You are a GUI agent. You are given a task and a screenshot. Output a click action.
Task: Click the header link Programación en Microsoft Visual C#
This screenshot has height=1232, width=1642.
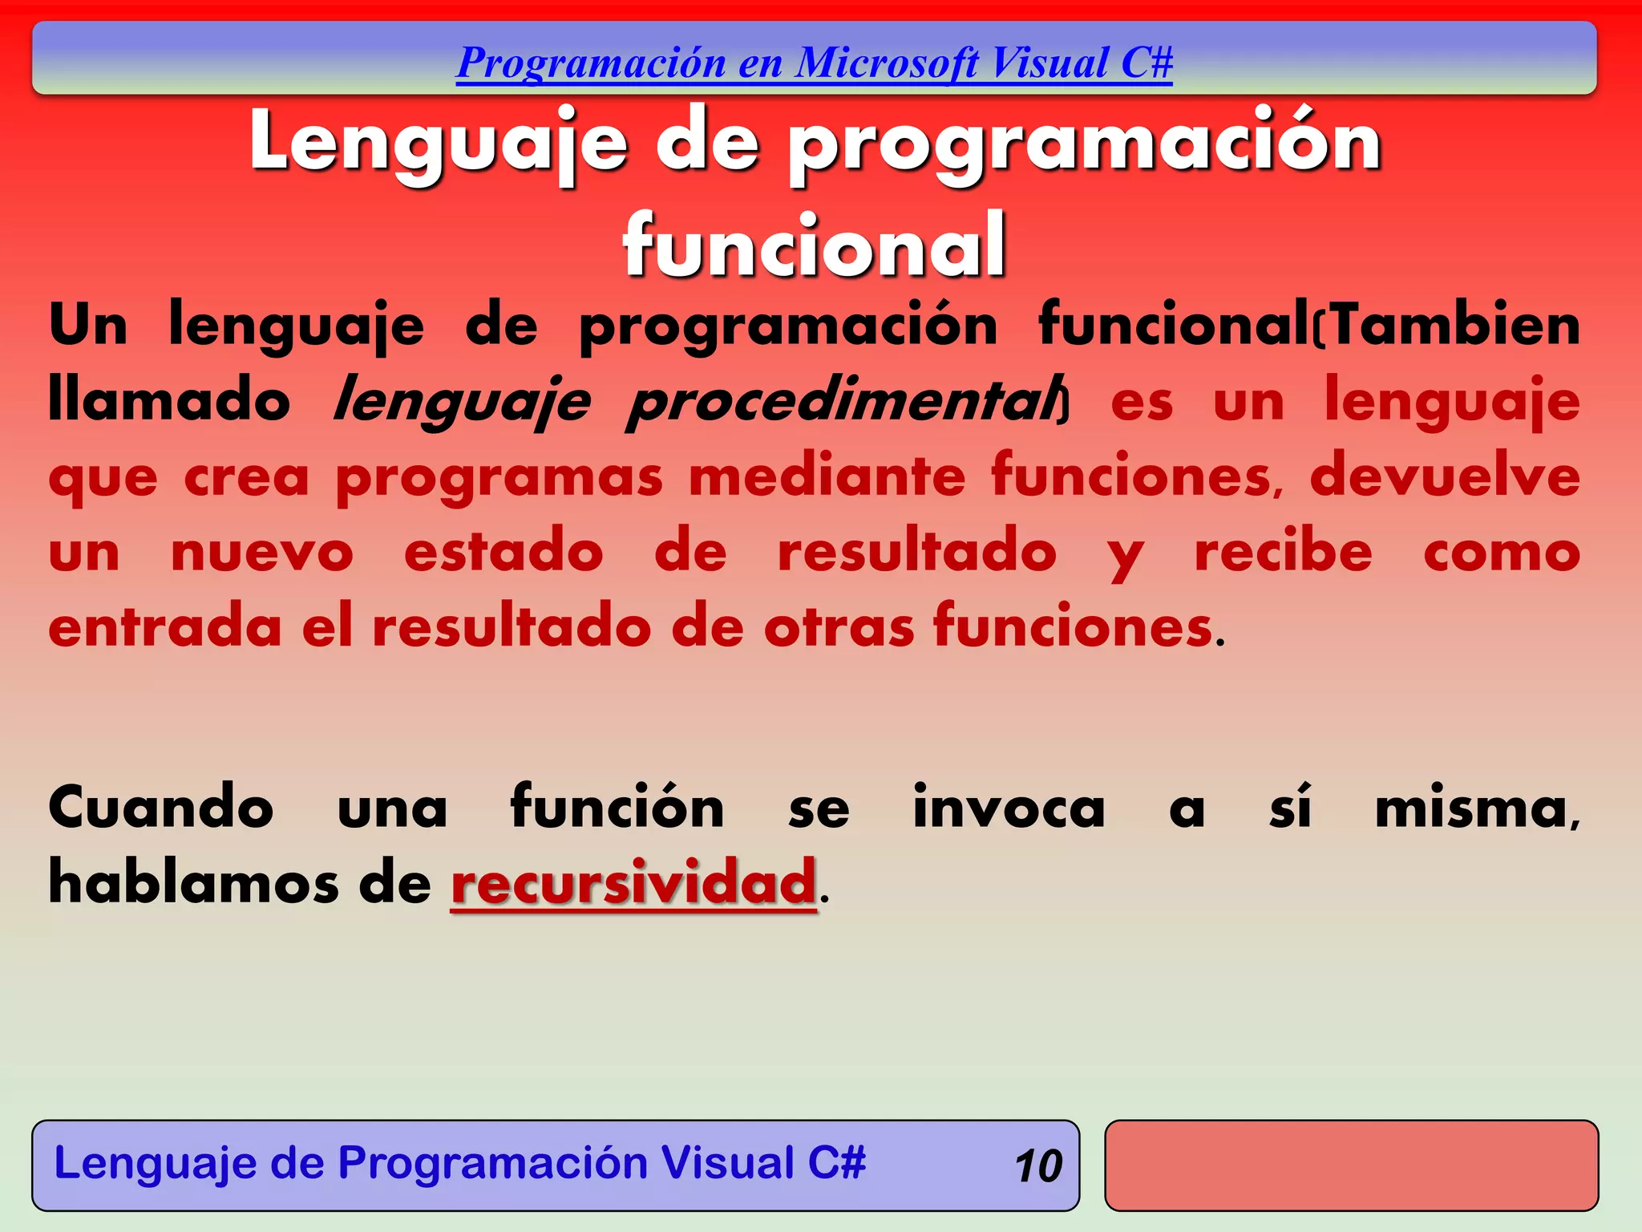point(814,63)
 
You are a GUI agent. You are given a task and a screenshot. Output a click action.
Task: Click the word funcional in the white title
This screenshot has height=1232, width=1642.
point(814,245)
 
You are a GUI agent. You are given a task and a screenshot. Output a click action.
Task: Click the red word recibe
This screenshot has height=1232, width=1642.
point(1283,552)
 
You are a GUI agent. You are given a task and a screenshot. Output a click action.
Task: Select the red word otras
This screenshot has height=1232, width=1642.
point(839,627)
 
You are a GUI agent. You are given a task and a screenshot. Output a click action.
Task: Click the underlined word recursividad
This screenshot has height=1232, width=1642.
point(633,882)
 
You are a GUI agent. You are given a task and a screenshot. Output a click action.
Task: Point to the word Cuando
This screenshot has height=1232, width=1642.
point(160,807)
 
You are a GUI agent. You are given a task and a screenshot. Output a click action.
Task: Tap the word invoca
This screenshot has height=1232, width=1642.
point(1009,807)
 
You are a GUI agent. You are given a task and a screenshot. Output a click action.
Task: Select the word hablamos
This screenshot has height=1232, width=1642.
point(193,882)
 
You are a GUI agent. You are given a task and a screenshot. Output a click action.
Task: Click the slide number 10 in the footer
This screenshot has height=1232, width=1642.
point(1037,1165)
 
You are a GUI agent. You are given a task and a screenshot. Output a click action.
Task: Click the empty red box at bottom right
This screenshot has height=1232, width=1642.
point(1351,1165)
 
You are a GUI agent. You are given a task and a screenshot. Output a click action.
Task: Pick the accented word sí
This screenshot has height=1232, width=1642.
point(1290,807)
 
